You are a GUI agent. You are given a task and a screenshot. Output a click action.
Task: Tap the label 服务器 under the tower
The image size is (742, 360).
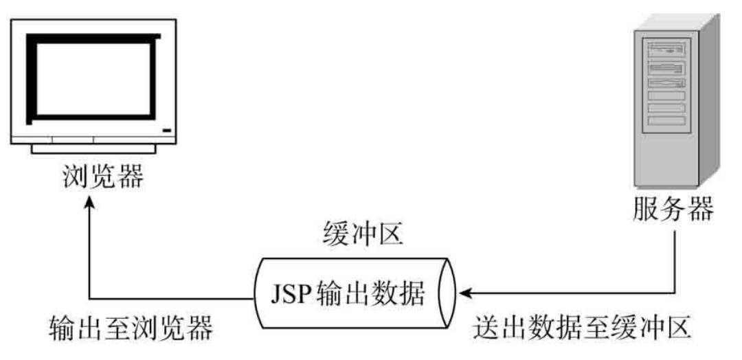click(x=673, y=210)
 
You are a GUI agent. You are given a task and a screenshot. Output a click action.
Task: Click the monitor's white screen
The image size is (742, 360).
click(x=93, y=79)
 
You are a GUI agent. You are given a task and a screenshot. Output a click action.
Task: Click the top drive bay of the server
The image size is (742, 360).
click(x=665, y=49)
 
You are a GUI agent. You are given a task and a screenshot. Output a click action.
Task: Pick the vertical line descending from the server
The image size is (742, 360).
click(x=677, y=258)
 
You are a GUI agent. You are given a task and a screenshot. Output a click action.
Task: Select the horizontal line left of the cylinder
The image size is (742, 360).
click(x=172, y=298)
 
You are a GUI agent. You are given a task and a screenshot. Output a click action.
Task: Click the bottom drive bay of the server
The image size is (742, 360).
click(x=665, y=121)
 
